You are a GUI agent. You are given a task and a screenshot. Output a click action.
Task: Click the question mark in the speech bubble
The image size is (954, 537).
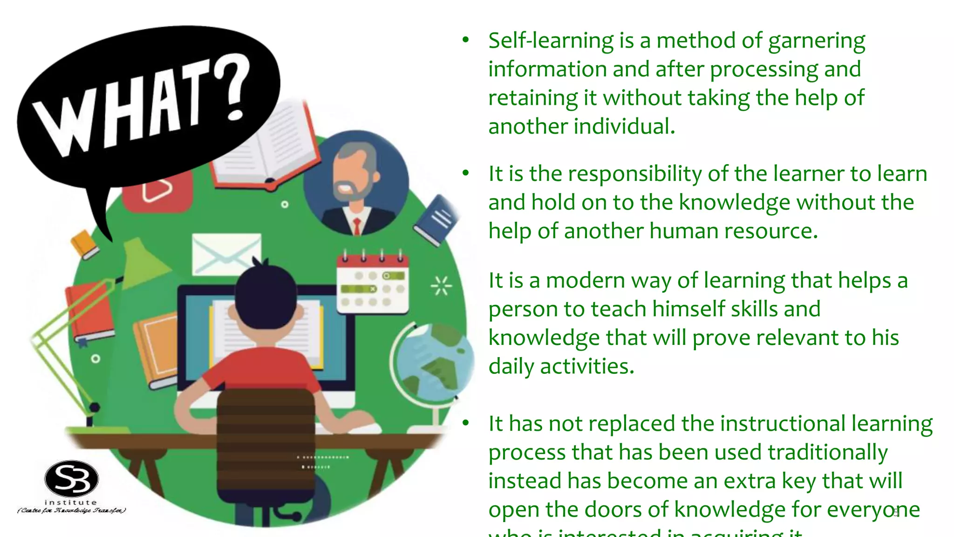click(x=236, y=87)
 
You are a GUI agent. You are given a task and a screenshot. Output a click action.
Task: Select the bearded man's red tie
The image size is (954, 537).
click(x=357, y=226)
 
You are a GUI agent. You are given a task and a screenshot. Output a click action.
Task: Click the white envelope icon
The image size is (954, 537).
click(x=226, y=255)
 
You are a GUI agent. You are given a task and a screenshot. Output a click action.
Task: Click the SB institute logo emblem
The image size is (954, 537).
click(x=71, y=479)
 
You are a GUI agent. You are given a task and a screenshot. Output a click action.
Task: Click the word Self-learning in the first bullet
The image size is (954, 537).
click(x=551, y=41)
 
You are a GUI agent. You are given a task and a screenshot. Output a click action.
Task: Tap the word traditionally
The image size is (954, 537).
click(x=827, y=453)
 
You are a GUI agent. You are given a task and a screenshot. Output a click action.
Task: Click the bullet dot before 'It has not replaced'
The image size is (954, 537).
click(x=465, y=423)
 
